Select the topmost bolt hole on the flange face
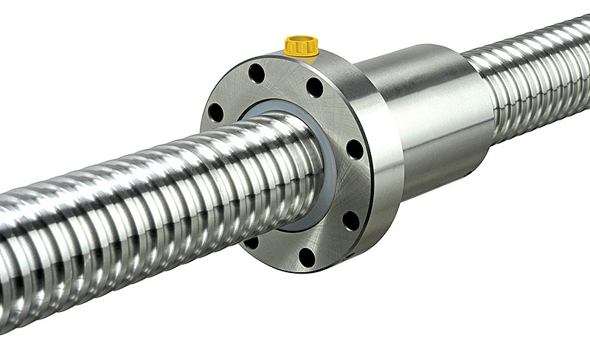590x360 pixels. (257, 73)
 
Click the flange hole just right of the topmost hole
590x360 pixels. (315, 87)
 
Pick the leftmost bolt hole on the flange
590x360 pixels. (215, 112)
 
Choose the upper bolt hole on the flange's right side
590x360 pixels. (355, 150)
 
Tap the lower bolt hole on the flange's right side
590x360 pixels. (351, 220)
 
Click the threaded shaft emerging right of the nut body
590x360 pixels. (531, 81)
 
